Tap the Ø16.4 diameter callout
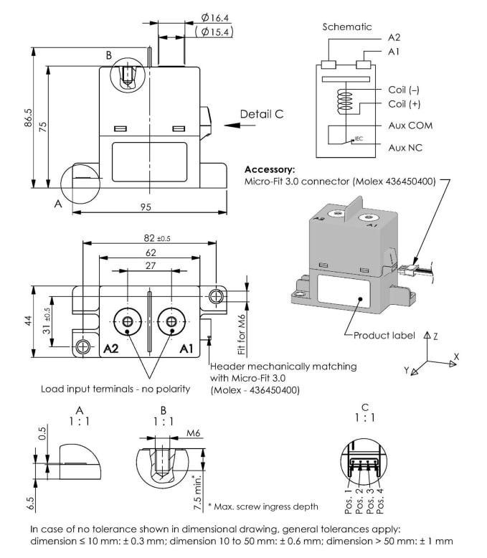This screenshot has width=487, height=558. pyautogui.click(x=215, y=17)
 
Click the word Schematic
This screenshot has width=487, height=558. pyautogui.click(x=347, y=27)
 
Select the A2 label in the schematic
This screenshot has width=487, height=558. pyautogui.click(x=394, y=37)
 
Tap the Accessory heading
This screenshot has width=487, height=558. pyautogui.click(x=269, y=170)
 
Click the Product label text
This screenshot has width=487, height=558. pyautogui.click(x=382, y=336)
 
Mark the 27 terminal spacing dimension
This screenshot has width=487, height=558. pyautogui.click(x=149, y=265)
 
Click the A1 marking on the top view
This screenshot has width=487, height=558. pyautogui.click(x=186, y=349)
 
